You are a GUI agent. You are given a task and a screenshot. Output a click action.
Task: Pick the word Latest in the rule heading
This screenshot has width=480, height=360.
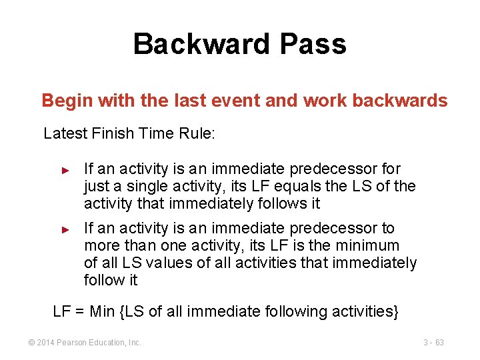pyautogui.click(x=64, y=133)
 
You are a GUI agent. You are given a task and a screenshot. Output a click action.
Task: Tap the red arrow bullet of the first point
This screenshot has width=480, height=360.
pyautogui.click(x=65, y=171)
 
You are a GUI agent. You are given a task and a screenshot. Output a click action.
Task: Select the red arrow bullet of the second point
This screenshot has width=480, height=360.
pyautogui.click(x=65, y=229)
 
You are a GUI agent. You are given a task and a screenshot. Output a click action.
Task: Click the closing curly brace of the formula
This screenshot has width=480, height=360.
pyautogui.click(x=395, y=311)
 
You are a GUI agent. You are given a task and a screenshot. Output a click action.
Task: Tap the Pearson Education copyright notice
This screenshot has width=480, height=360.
pyautogui.click(x=84, y=343)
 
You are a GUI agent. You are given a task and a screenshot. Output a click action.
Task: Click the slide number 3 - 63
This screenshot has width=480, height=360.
pyautogui.click(x=433, y=343)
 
